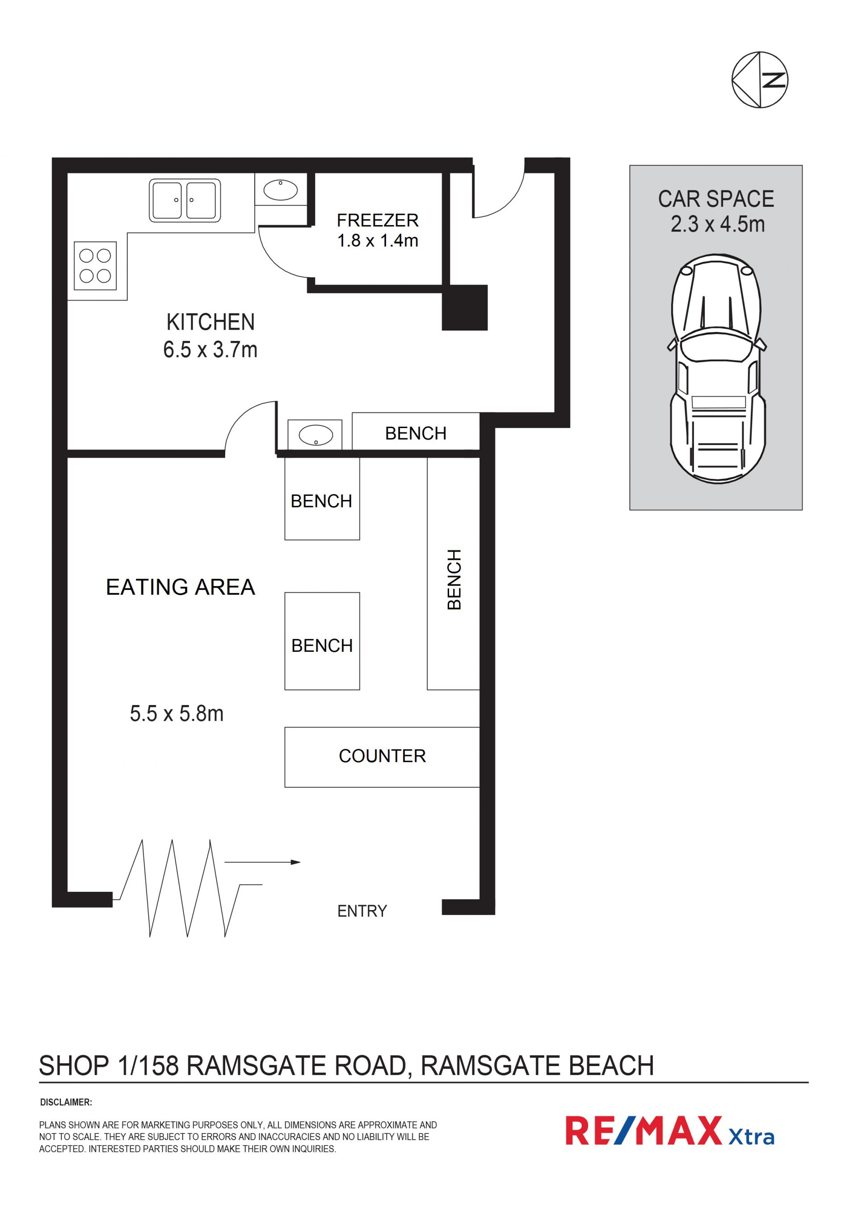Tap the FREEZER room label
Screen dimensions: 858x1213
point(378,220)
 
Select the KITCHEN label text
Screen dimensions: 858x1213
point(210,322)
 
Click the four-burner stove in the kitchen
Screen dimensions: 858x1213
point(95,266)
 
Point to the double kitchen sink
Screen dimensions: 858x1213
point(185,200)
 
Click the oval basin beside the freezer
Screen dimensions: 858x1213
point(281,190)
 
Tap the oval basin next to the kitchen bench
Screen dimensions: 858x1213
point(316,435)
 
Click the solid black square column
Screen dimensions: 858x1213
point(464,308)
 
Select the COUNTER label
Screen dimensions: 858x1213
point(382,756)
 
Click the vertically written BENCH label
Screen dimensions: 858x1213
point(454,579)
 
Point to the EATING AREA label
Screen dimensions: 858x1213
point(181,587)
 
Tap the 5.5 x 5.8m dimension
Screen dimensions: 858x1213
point(177,714)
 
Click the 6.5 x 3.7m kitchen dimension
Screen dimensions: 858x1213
point(210,350)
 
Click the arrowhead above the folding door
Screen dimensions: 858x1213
point(296,862)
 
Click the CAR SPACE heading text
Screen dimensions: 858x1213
point(716,199)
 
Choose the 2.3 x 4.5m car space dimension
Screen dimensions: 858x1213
point(718,225)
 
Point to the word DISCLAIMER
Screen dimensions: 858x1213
point(66,1103)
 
